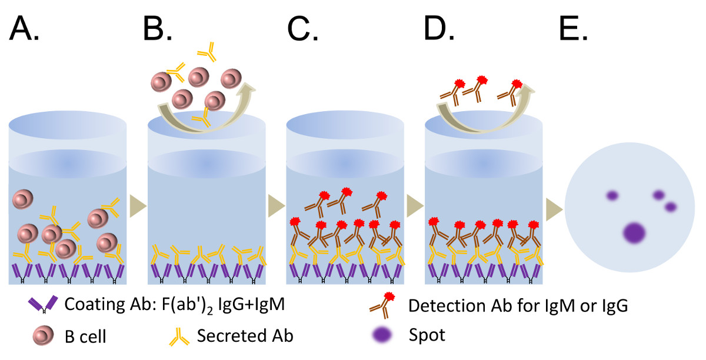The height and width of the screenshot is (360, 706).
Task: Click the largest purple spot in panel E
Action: (633, 233)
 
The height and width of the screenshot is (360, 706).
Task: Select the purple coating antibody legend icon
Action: (43, 305)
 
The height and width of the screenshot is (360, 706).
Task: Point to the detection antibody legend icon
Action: (382, 304)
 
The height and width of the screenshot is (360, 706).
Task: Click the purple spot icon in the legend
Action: (383, 335)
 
